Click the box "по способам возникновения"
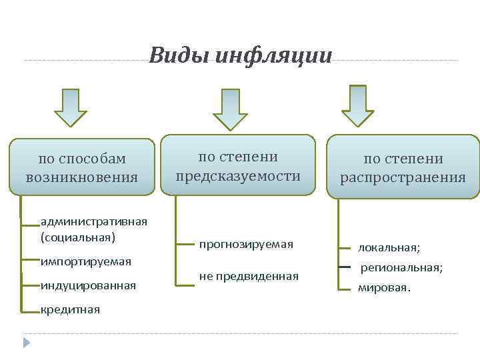83,167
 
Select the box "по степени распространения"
403,167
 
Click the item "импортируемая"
86,261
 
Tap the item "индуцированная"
88,285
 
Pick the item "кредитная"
70,309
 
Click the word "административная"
94,221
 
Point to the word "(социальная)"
77,237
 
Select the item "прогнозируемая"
246,245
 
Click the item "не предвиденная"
249,275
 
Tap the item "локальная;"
389,247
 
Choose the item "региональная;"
401,267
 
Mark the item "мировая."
385,289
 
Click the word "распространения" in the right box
403,177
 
